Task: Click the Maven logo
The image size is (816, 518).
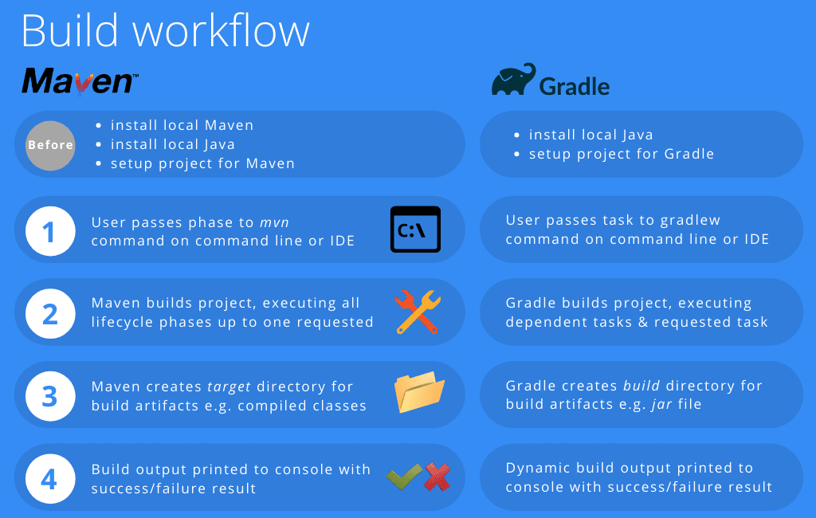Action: pyautogui.click(x=80, y=81)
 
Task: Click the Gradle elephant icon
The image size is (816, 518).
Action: pyautogui.click(x=514, y=79)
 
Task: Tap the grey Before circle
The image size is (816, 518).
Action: pyautogui.click(x=50, y=145)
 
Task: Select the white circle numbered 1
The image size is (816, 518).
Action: pyautogui.click(x=50, y=231)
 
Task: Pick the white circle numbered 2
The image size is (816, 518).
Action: pyautogui.click(x=50, y=314)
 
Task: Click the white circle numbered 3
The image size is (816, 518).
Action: pyautogui.click(x=50, y=396)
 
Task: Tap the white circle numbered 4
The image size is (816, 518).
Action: pyautogui.click(x=50, y=478)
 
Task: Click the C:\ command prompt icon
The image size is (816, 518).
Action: pyautogui.click(x=415, y=230)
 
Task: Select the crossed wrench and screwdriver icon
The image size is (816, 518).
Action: pyautogui.click(x=418, y=312)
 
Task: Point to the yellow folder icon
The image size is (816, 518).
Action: pyautogui.click(x=419, y=392)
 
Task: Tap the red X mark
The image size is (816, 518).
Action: pyautogui.click(x=437, y=477)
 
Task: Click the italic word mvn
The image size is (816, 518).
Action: pyautogui.click(x=274, y=223)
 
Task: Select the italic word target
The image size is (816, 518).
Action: pyautogui.click(x=229, y=387)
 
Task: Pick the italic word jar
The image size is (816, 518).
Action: pyautogui.click(x=661, y=404)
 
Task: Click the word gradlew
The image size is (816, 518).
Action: pyautogui.click(x=690, y=221)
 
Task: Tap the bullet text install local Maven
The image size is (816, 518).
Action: pyautogui.click(x=182, y=125)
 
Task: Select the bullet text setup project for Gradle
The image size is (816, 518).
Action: pyautogui.click(x=622, y=154)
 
